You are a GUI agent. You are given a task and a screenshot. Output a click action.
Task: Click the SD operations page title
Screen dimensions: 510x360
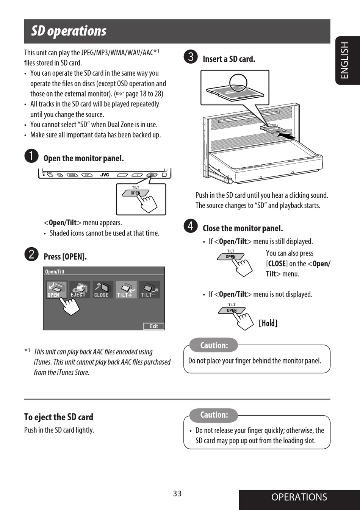[69, 31]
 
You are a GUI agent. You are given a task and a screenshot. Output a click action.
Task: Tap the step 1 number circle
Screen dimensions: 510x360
[31, 156]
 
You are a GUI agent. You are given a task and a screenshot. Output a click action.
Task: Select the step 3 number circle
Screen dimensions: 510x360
[191, 57]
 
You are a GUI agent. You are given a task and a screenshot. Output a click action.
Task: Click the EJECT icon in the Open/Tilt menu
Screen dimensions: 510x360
[79, 290]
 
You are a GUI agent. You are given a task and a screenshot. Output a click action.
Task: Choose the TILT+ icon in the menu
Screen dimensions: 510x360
[126, 290]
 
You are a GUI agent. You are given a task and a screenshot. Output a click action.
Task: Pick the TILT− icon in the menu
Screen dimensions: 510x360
[149, 290]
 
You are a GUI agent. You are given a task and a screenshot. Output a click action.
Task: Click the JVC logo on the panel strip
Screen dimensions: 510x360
[105, 175]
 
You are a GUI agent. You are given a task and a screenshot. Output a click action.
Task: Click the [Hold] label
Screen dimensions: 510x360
[268, 323]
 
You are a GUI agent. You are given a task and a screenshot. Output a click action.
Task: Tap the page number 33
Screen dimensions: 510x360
[177, 493]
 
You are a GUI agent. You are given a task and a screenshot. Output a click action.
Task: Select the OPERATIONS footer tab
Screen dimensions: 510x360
[299, 497]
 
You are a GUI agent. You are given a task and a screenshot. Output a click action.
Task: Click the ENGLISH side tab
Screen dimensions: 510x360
[344, 60]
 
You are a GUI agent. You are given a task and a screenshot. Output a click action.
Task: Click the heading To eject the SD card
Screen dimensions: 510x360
[59, 417]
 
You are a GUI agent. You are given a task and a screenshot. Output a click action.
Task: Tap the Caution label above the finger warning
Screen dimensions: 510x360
[214, 345]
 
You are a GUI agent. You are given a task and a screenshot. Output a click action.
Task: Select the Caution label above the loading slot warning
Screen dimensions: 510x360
[214, 415]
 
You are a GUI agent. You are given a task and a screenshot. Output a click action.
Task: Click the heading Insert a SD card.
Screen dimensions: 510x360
[229, 59]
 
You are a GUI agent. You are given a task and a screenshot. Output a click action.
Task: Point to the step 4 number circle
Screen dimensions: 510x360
[191, 226]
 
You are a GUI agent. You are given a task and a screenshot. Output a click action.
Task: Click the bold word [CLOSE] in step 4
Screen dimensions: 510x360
[277, 264]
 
